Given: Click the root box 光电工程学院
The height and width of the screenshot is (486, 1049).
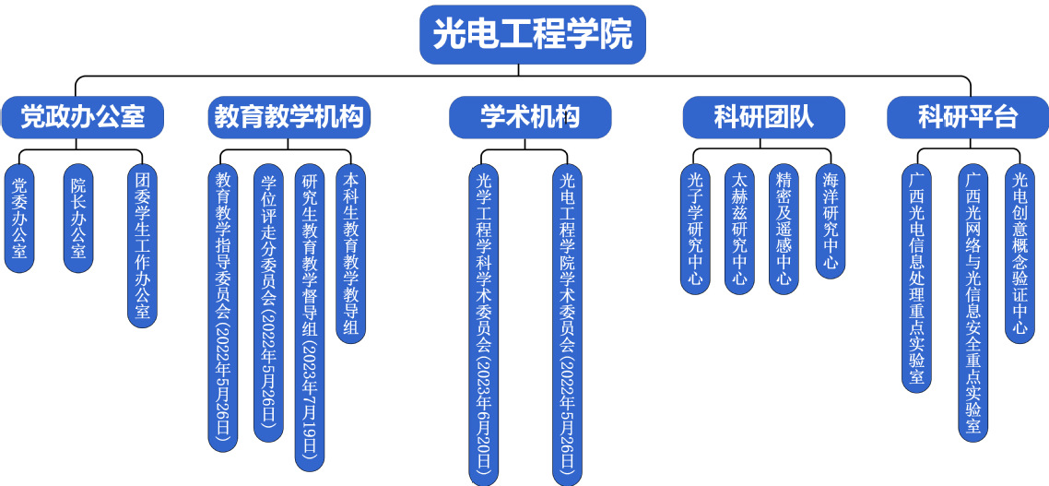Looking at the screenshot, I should point(532,35).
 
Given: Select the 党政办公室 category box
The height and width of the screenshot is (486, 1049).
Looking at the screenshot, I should point(84,117).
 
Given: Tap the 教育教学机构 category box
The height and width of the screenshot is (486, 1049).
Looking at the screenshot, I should point(289,117).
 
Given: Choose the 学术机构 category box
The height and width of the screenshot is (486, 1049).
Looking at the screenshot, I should point(530,117).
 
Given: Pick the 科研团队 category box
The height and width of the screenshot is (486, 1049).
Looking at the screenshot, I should point(763,117).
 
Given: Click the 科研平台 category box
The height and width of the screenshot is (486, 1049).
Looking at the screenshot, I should point(967,117).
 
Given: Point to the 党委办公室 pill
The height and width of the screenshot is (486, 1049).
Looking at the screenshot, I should point(19,218).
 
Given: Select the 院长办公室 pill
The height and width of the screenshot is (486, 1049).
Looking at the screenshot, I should point(78,218).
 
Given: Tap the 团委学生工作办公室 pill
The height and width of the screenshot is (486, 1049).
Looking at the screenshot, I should point(142,245).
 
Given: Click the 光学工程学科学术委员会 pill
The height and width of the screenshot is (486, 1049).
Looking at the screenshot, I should point(483,324).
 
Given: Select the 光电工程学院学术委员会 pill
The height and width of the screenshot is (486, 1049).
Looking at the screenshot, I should point(568,324).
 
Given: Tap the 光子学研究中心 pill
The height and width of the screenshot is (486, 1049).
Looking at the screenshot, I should point(695,228).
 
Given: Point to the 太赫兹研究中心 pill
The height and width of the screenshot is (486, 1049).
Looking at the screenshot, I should point(738,228).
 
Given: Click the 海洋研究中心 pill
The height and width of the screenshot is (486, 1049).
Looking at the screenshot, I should point(831,220).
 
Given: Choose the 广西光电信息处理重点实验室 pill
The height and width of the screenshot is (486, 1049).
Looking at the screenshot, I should point(916,277).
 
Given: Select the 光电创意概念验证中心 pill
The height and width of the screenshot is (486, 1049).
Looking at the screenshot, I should point(1020,253).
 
